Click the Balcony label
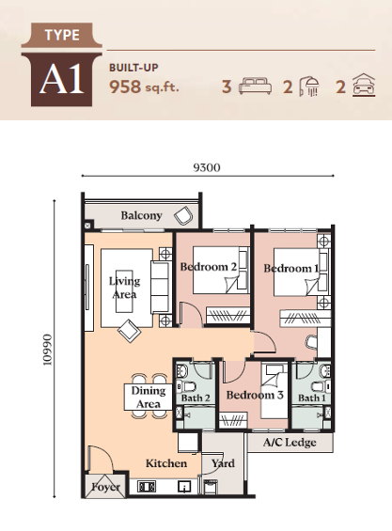tap(141, 215)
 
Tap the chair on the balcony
tap(183, 216)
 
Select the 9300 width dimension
tap(207, 167)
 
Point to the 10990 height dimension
tap(47, 350)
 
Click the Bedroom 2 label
tap(209, 267)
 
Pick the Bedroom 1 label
tap(291, 269)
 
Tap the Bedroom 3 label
tap(255, 395)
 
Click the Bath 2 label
tap(196, 398)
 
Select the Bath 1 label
tap(312, 398)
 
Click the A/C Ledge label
tap(290, 443)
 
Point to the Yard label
tap(223, 463)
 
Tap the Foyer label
tap(105, 487)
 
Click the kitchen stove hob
tap(147, 487)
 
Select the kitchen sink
tap(184, 487)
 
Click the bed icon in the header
tap(255, 86)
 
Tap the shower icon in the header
tap(309, 86)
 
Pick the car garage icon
tap(364, 86)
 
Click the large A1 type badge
tap(62, 80)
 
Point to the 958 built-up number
tap(125, 86)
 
